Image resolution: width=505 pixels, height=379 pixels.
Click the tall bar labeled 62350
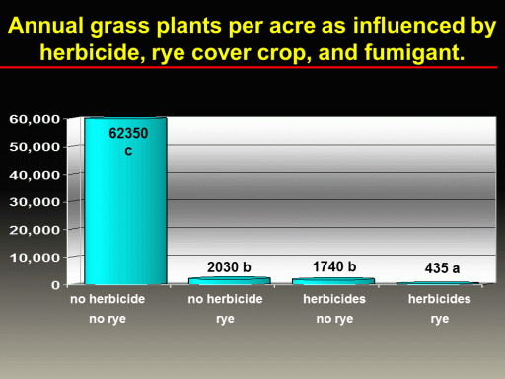pyautogui.click(x=125, y=200)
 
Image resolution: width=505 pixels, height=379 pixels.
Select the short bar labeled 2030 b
pyautogui.click(x=230, y=280)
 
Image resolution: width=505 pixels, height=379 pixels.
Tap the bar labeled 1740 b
pyautogui.click(x=333, y=281)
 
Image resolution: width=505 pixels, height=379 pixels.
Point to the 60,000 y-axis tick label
pyautogui.click(x=35, y=119)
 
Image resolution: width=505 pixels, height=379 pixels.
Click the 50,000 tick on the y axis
pyautogui.click(x=35, y=147)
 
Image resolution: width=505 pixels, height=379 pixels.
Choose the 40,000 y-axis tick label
pyautogui.click(x=35, y=175)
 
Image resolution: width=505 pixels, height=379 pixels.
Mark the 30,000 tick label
pyautogui.click(x=35, y=202)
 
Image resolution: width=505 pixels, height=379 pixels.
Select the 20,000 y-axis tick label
pyautogui.click(x=35, y=230)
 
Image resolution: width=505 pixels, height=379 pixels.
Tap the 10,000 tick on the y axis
pyautogui.click(x=35, y=258)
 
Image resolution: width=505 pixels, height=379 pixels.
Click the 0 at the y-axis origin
pyautogui.click(x=56, y=285)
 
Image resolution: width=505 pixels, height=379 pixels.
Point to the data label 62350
pyautogui.click(x=128, y=133)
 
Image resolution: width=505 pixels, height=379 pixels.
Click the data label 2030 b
pyautogui.click(x=229, y=267)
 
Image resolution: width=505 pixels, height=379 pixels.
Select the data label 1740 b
pyautogui.click(x=334, y=266)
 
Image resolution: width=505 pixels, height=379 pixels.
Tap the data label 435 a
pyautogui.click(x=442, y=268)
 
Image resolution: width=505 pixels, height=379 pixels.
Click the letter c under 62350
pyautogui.click(x=128, y=151)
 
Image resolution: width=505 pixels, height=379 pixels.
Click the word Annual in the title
pyautogui.click(x=45, y=26)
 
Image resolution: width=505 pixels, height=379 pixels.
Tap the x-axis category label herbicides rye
pyautogui.click(x=440, y=309)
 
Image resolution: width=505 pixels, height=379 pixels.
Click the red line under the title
pyautogui.click(x=249, y=67)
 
